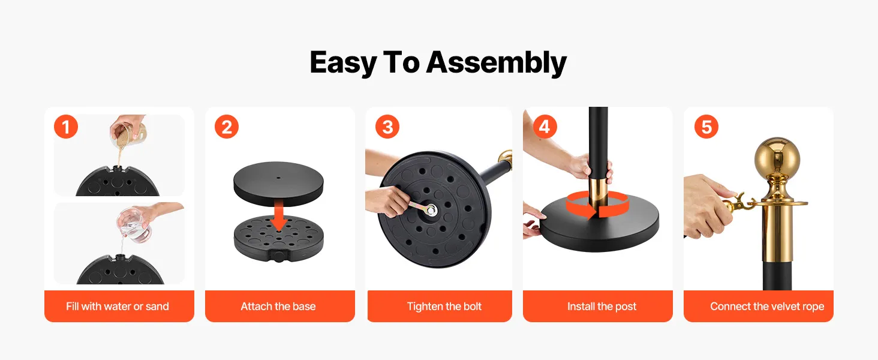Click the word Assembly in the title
(496, 63)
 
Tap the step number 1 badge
(66, 127)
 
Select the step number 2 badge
(227, 127)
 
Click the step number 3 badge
(387, 127)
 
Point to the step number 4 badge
(545, 127)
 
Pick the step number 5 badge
(706, 127)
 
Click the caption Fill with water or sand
(118, 306)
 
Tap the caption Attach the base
(278, 306)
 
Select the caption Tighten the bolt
(444, 306)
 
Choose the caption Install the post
(602, 306)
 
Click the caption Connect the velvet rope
(767, 306)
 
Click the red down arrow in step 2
(279, 215)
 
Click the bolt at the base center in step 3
(431, 210)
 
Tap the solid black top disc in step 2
(278, 183)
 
